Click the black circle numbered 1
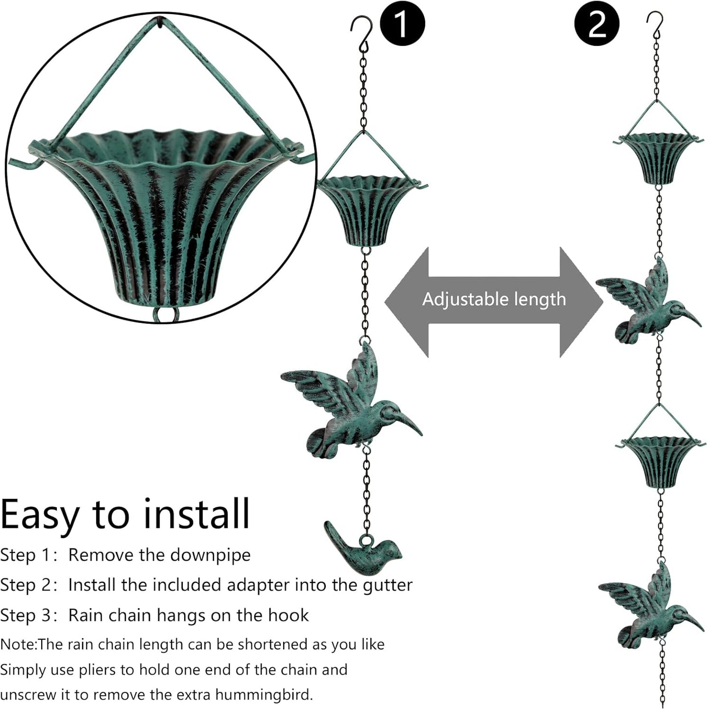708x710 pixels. (402, 23)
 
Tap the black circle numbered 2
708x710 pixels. (597, 23)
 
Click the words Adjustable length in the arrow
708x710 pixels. (494, 299)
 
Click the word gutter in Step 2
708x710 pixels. (388, 586)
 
